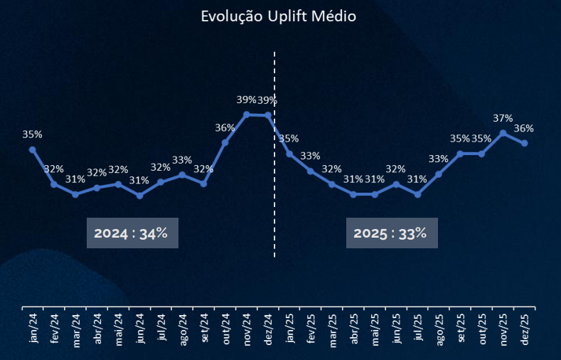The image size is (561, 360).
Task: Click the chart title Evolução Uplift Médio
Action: (278, 16)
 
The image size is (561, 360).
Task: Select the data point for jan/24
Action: (33, 149)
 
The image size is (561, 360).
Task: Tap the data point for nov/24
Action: (246, 115)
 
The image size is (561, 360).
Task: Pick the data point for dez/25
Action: (525, 144)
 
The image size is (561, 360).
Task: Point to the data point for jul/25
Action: (417, 194)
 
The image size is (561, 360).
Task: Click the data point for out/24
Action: (225, 142)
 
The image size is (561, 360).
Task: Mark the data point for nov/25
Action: (503, 133)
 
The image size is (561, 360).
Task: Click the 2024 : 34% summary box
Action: (132, 233)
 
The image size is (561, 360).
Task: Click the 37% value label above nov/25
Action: (502, 118)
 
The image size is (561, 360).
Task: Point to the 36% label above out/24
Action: (225, 128)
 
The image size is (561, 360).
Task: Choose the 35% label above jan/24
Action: (33, 134)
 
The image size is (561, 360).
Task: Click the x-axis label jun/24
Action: (140, 329)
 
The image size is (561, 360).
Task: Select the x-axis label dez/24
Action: (268, 329)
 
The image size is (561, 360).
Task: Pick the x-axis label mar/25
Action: (332, 329)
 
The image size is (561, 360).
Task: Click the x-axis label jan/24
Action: (33, 329)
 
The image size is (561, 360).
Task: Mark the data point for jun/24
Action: (139, 195)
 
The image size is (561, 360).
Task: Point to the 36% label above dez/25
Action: (524, 129)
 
